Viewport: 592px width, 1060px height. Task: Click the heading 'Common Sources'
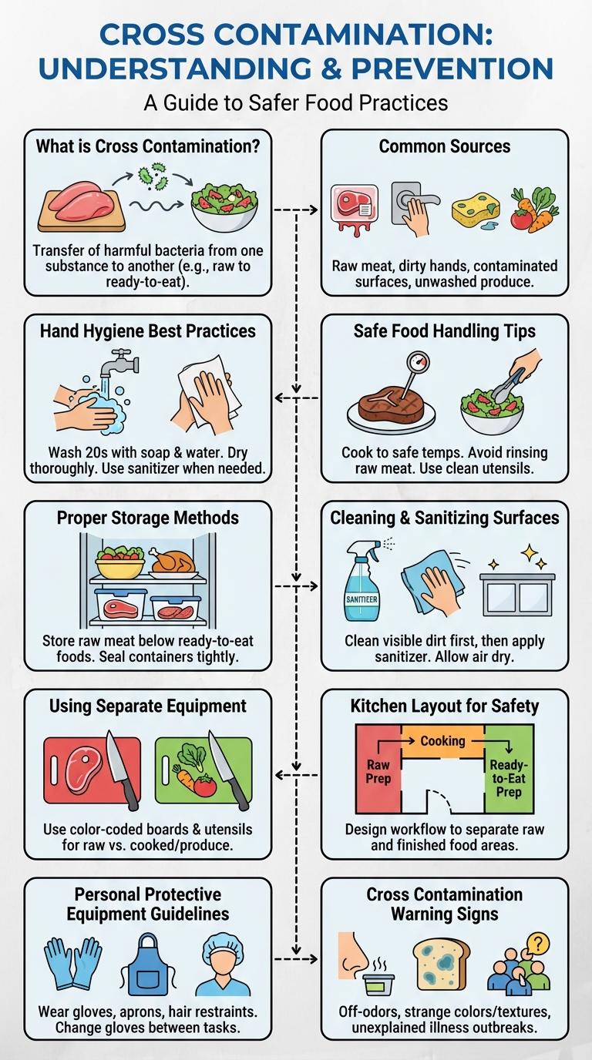click(x=445, y=146)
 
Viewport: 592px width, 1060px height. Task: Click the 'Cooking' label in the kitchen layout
click(x=442, y=740)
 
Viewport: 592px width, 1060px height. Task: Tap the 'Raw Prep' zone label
click(x=378, y=772)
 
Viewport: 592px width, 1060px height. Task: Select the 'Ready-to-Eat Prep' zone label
click(x=509, y=779)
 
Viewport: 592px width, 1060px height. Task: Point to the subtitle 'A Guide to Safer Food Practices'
click(x=296, y=102)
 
